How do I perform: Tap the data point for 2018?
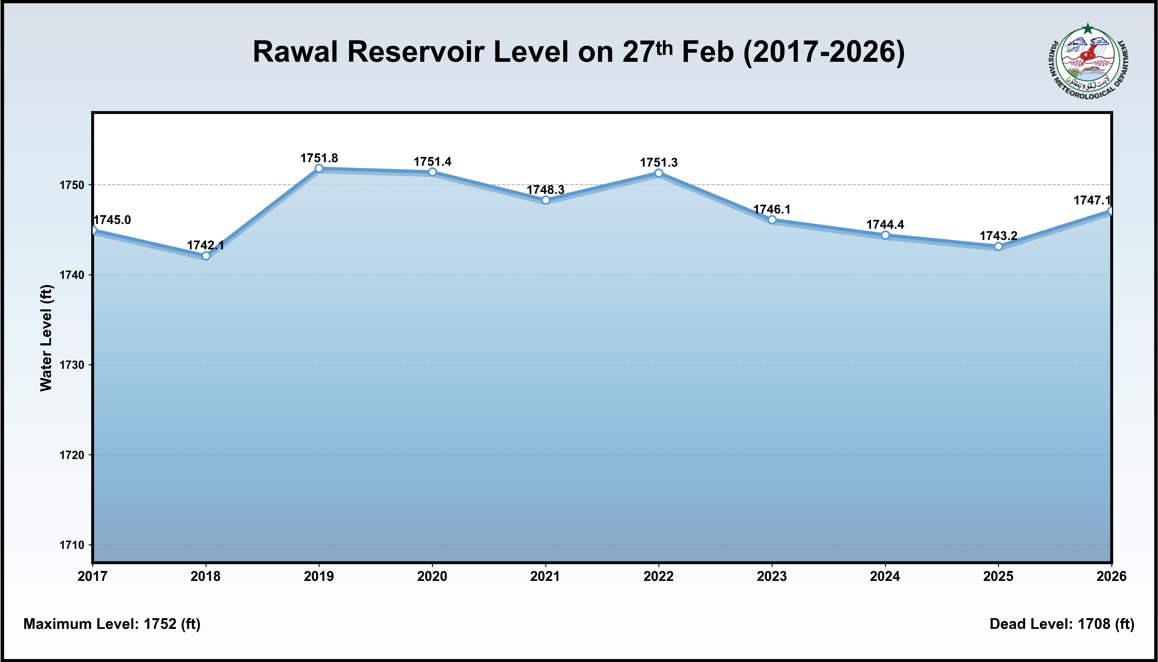206,256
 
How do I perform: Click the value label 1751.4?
432,162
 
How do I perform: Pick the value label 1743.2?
998,236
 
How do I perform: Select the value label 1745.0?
112,220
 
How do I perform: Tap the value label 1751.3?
658,163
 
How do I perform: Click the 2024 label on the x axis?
885,576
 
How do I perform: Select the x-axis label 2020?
432,576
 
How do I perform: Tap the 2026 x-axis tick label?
1111,576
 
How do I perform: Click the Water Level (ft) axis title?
46,338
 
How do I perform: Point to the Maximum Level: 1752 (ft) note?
112,624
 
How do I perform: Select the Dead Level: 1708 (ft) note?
1062,624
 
